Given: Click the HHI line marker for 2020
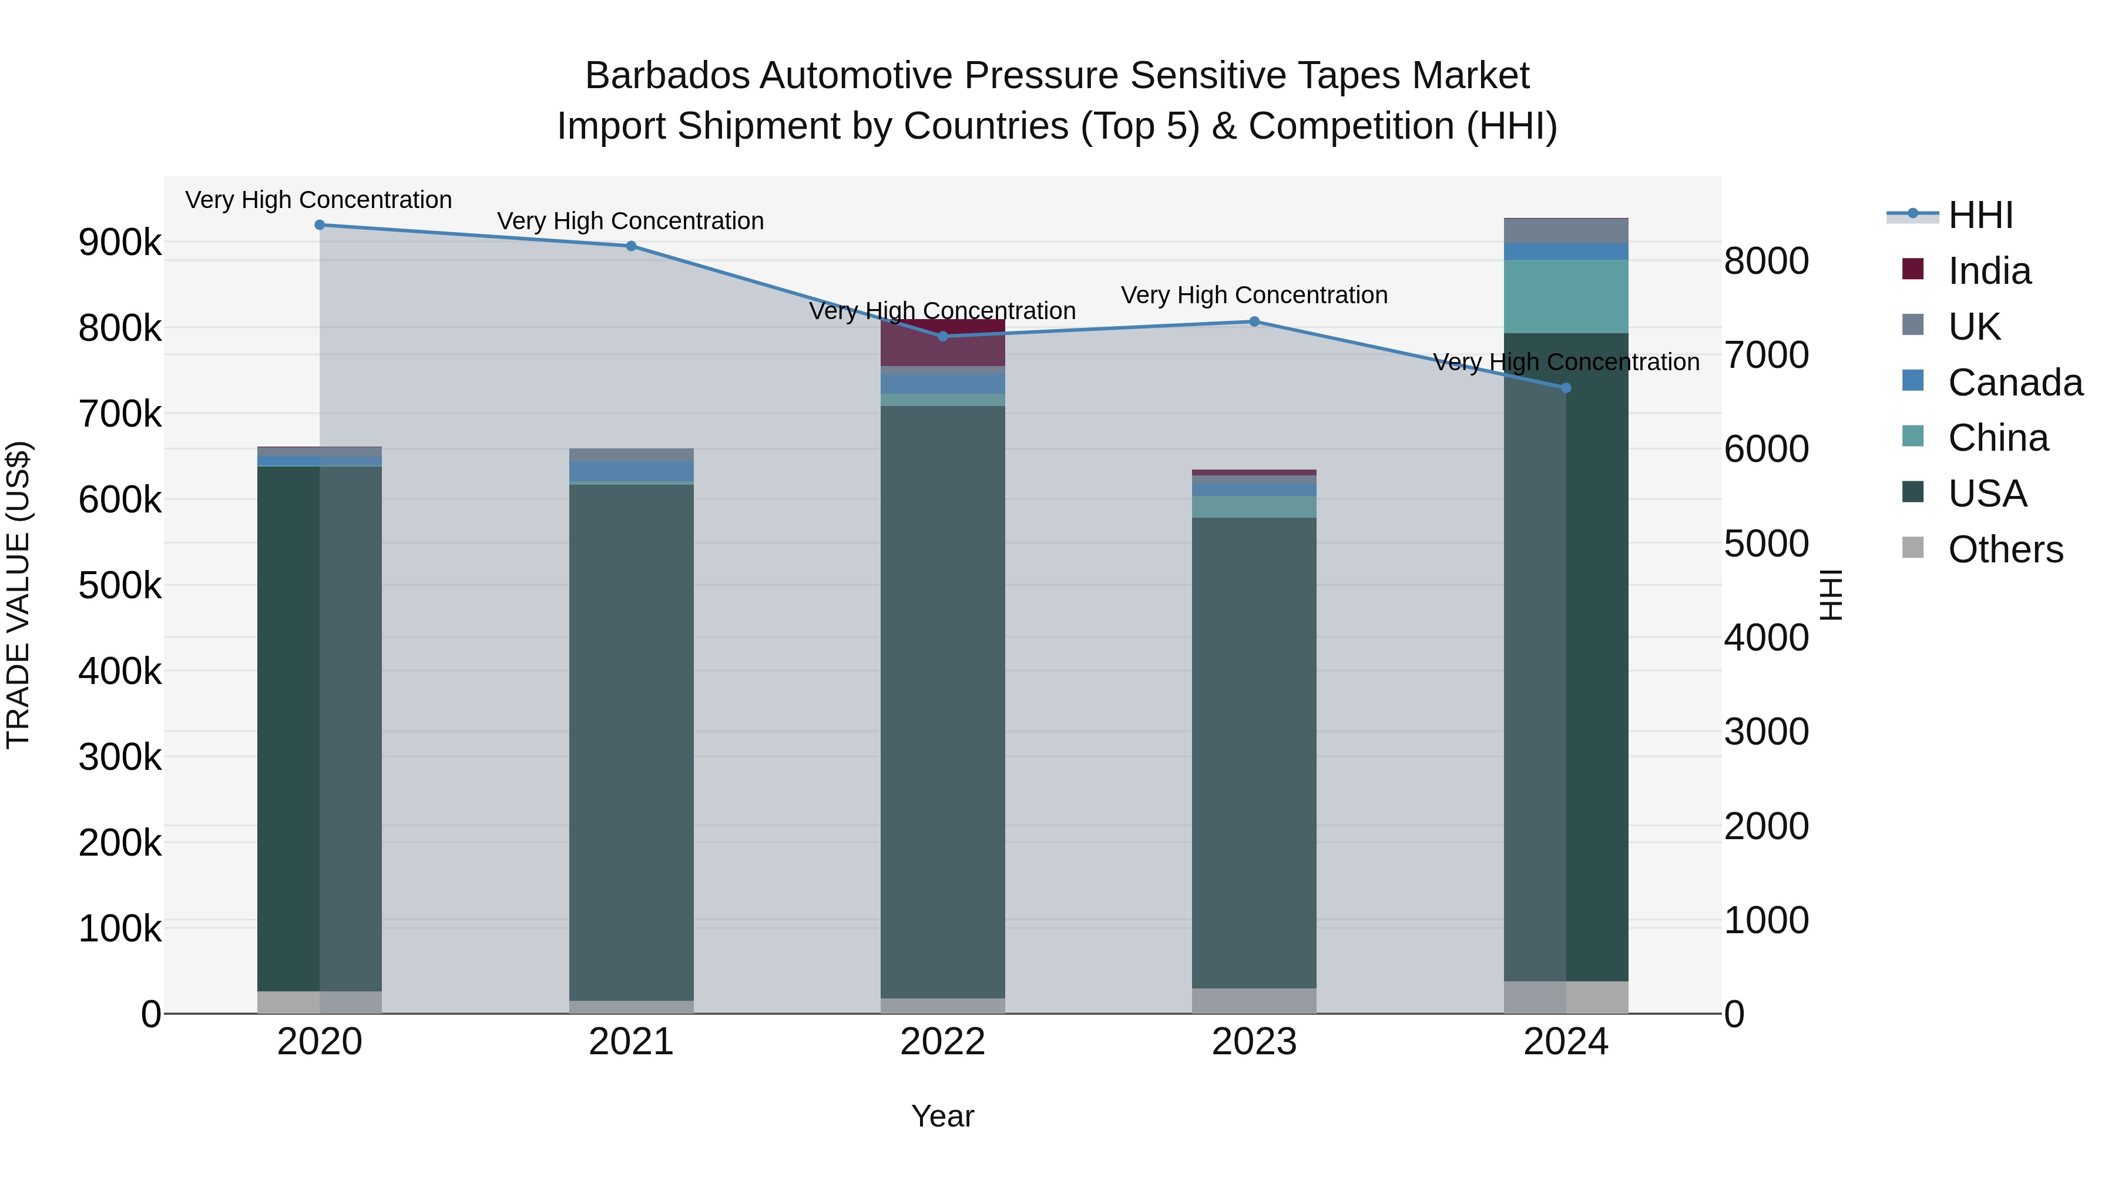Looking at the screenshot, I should [x=320, y=224].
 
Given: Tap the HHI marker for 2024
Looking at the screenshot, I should [x=1565, y=388].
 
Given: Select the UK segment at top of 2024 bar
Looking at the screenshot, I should [x=1565, y=231].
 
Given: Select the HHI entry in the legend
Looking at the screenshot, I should [x=1979, y=215].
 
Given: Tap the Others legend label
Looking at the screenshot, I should [x=2005, y=549].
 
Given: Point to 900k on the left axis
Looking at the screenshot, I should [x=120, y=242].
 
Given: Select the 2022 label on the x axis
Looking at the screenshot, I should [x=942, y=1042].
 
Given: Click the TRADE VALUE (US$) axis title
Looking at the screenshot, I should [x=18, y=595].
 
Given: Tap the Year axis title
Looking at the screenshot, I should [x=942, y=1116].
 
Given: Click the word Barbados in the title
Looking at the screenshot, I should [x=667, y=76].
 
